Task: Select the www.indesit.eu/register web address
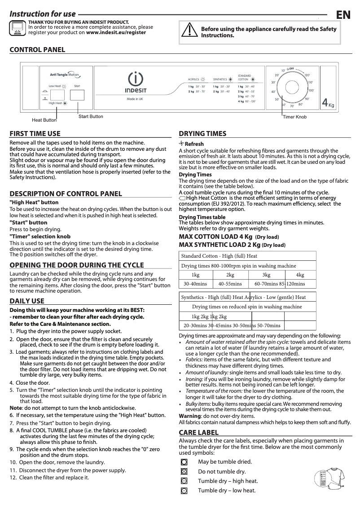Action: pyautogui.click(x=116, y=33)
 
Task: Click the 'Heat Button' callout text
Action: pyautogui.click(x=44, y=120)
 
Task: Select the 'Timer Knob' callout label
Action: pyautogui.click(x=295, y=117)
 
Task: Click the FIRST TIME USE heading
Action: pyautogui.click(x=35, y=133)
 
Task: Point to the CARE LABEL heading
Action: pyautogui.click(x=199, y=432)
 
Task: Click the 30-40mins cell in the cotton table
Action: pyautogui.click(x=195, y=284)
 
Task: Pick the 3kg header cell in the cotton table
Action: pyautogui.click(x=266, y=275)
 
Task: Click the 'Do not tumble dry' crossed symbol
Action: pyautogui.click(x=184, y=471)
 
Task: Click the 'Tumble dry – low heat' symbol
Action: pyautogui.click(x=184, y=491)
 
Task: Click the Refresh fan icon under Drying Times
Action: pyautogui.click(x=181, y=144)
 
